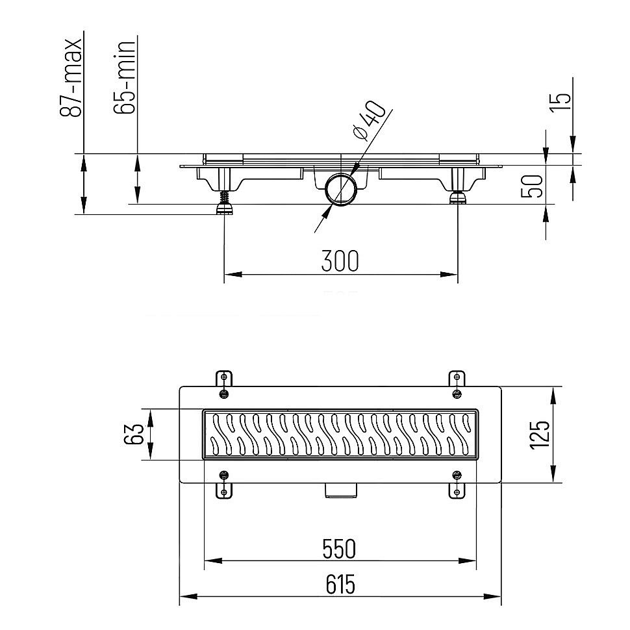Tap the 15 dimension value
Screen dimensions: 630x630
click(x=562, y=98)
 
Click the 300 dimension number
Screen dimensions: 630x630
click(x=340, y=261)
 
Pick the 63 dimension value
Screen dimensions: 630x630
click(x=134, y=435)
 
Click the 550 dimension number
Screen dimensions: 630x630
click(x=340, y=549)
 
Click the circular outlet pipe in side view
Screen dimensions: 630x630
click(x=341, y=190)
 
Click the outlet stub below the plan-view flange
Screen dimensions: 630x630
click(x=340, y=491)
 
